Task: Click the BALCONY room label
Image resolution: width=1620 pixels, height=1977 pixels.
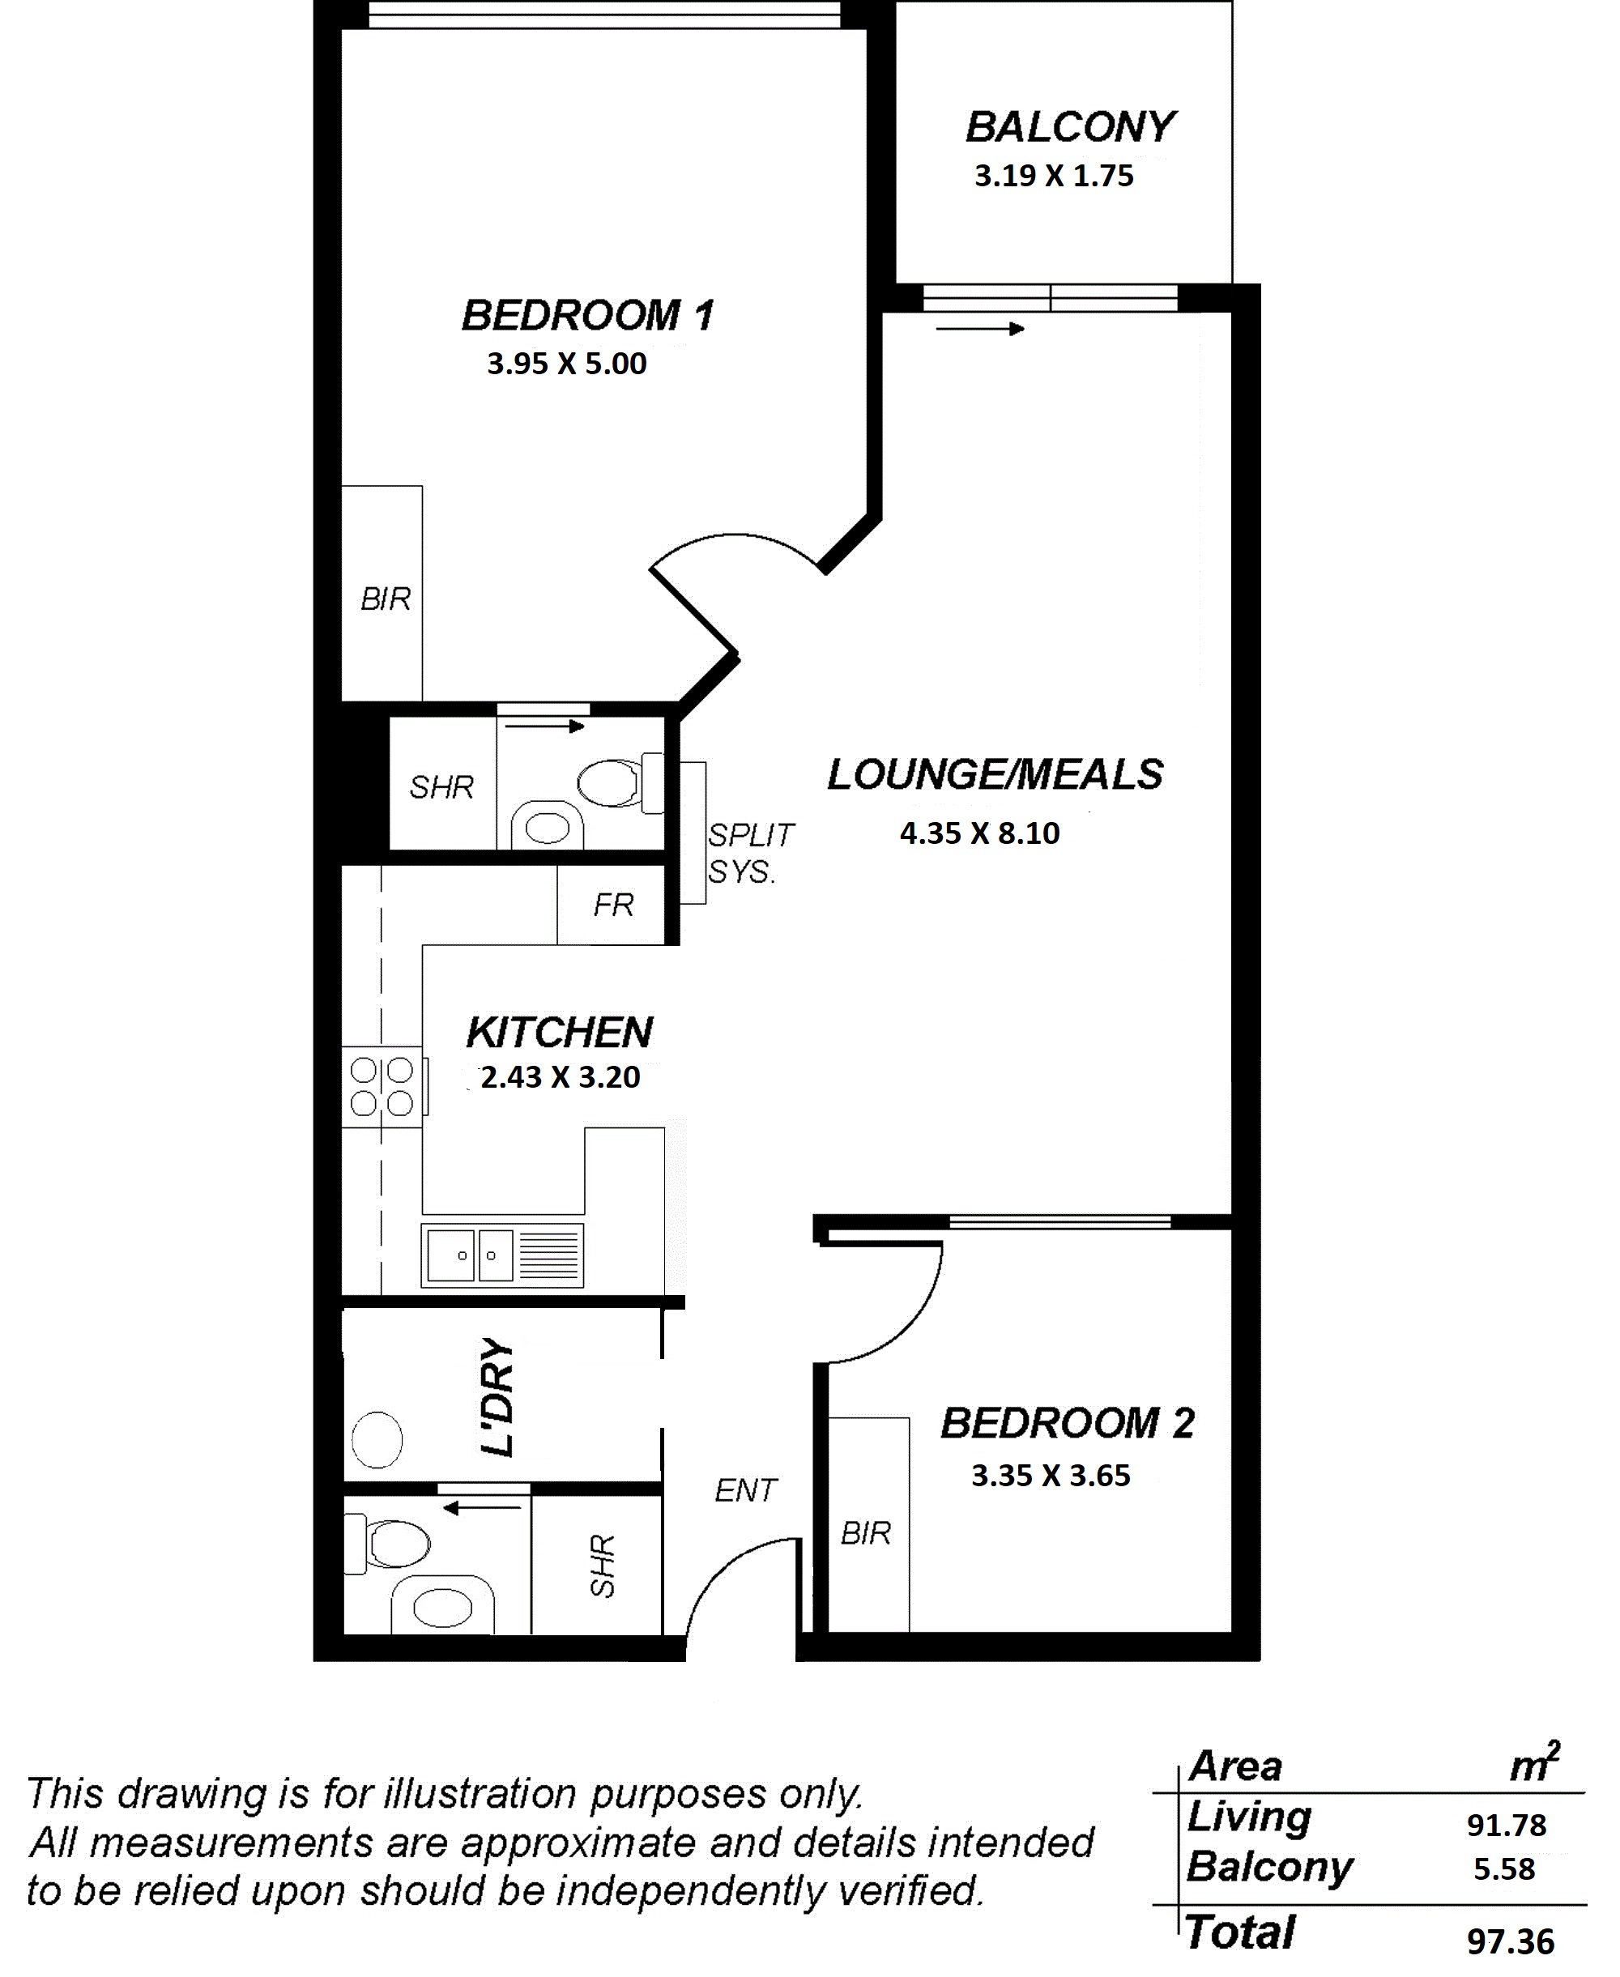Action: [1069, 127]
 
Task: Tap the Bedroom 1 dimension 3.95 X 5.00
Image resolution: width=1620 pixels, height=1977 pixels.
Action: [566, 363]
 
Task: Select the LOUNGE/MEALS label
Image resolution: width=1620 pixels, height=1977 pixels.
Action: [995, 774]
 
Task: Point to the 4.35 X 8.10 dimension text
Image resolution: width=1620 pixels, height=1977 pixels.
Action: [980, 833]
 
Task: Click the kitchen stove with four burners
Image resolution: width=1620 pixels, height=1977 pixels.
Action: [382, 1087]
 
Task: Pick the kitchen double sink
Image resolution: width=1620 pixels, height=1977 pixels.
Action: [502, 1255]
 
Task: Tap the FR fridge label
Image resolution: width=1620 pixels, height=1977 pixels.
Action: [613, 904]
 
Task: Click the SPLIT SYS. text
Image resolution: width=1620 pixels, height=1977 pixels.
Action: [750, 853]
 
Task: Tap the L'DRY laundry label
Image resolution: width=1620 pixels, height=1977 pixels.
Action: [497, 1396]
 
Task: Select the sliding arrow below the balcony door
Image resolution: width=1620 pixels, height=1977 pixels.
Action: [980, 328]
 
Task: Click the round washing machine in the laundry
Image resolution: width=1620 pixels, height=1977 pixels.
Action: [377, 1439]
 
